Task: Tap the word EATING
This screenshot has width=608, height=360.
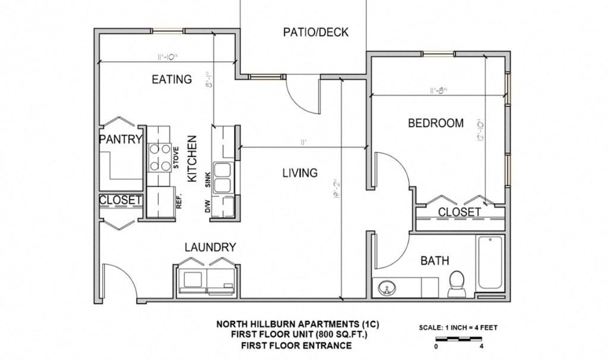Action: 171,79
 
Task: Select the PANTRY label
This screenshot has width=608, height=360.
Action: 121,140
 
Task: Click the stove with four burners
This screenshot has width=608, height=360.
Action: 160,157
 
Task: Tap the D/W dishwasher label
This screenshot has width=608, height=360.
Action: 208,206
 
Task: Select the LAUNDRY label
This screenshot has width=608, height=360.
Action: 210,247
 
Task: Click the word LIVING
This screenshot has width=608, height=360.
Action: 299,173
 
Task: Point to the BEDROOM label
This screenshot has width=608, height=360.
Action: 435,124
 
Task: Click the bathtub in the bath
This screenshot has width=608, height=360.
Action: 490,263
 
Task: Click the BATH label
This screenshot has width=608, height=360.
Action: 435,260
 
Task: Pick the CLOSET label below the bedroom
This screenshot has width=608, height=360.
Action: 459,212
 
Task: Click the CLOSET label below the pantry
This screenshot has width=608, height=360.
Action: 121,200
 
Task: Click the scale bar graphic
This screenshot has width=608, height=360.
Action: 459,339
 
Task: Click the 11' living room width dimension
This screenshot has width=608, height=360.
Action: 303,143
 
